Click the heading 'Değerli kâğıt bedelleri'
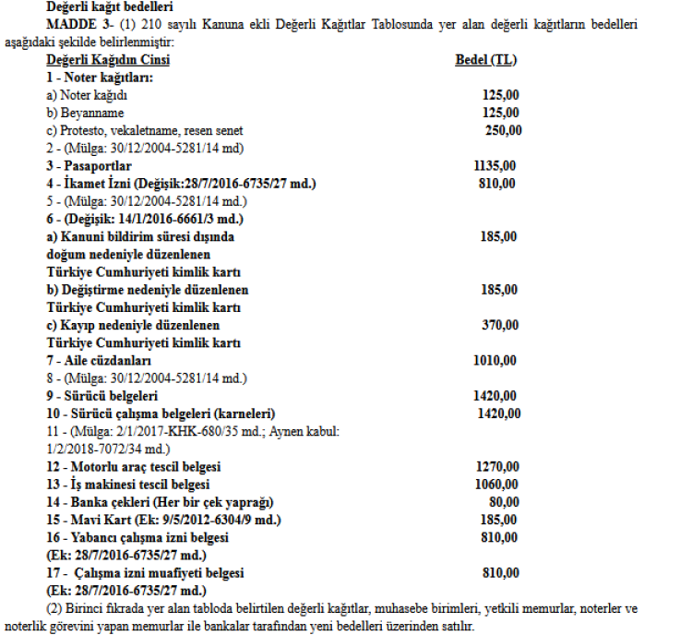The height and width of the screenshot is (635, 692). (x=108, y=7)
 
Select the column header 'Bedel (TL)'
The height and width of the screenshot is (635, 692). (x=486, y=60)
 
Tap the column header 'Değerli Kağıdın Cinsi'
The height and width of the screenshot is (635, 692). (x=108, y=60)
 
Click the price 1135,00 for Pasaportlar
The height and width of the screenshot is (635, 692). (x=494, y=166)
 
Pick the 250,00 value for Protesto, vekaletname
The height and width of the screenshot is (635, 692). (x=503, y=130)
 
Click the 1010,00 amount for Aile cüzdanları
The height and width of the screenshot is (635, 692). (x=494, y=360)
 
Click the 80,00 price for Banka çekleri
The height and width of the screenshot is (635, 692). (x=503, y=501)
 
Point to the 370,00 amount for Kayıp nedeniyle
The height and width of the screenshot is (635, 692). (x=498, y=325)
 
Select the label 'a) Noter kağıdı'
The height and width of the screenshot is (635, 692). (x=86, y=95)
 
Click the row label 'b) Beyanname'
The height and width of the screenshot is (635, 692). (x=85, y=113)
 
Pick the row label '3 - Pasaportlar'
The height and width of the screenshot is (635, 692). (x=88, y=166)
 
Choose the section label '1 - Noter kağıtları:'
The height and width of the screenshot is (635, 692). (x=99, y=78)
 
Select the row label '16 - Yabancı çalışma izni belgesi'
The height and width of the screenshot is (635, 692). (x=137, y=537)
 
